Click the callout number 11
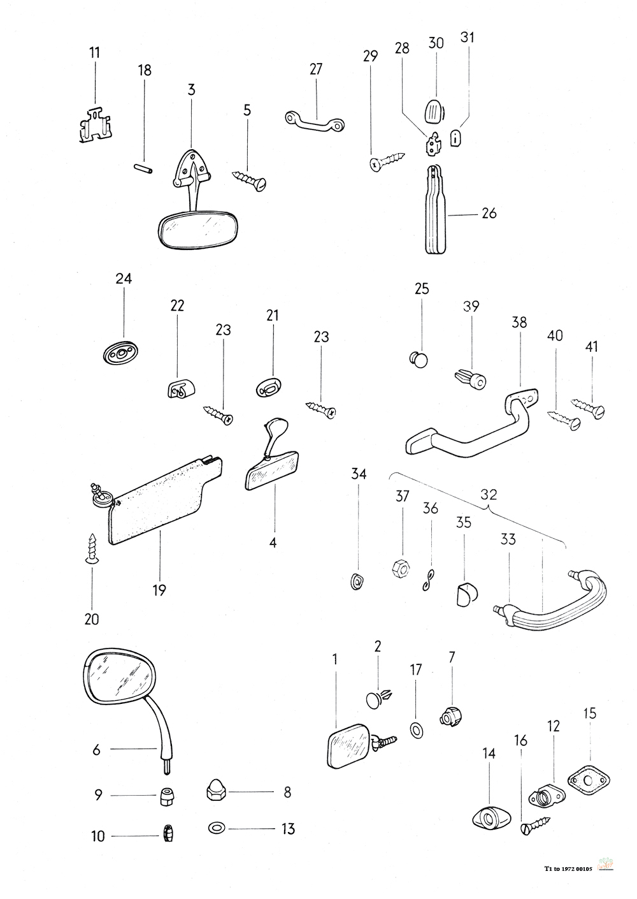pos(94,52)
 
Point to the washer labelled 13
pos(216,829)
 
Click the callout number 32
pos(489,494)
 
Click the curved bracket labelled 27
pos(314,119)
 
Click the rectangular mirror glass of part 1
pos(347,746)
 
